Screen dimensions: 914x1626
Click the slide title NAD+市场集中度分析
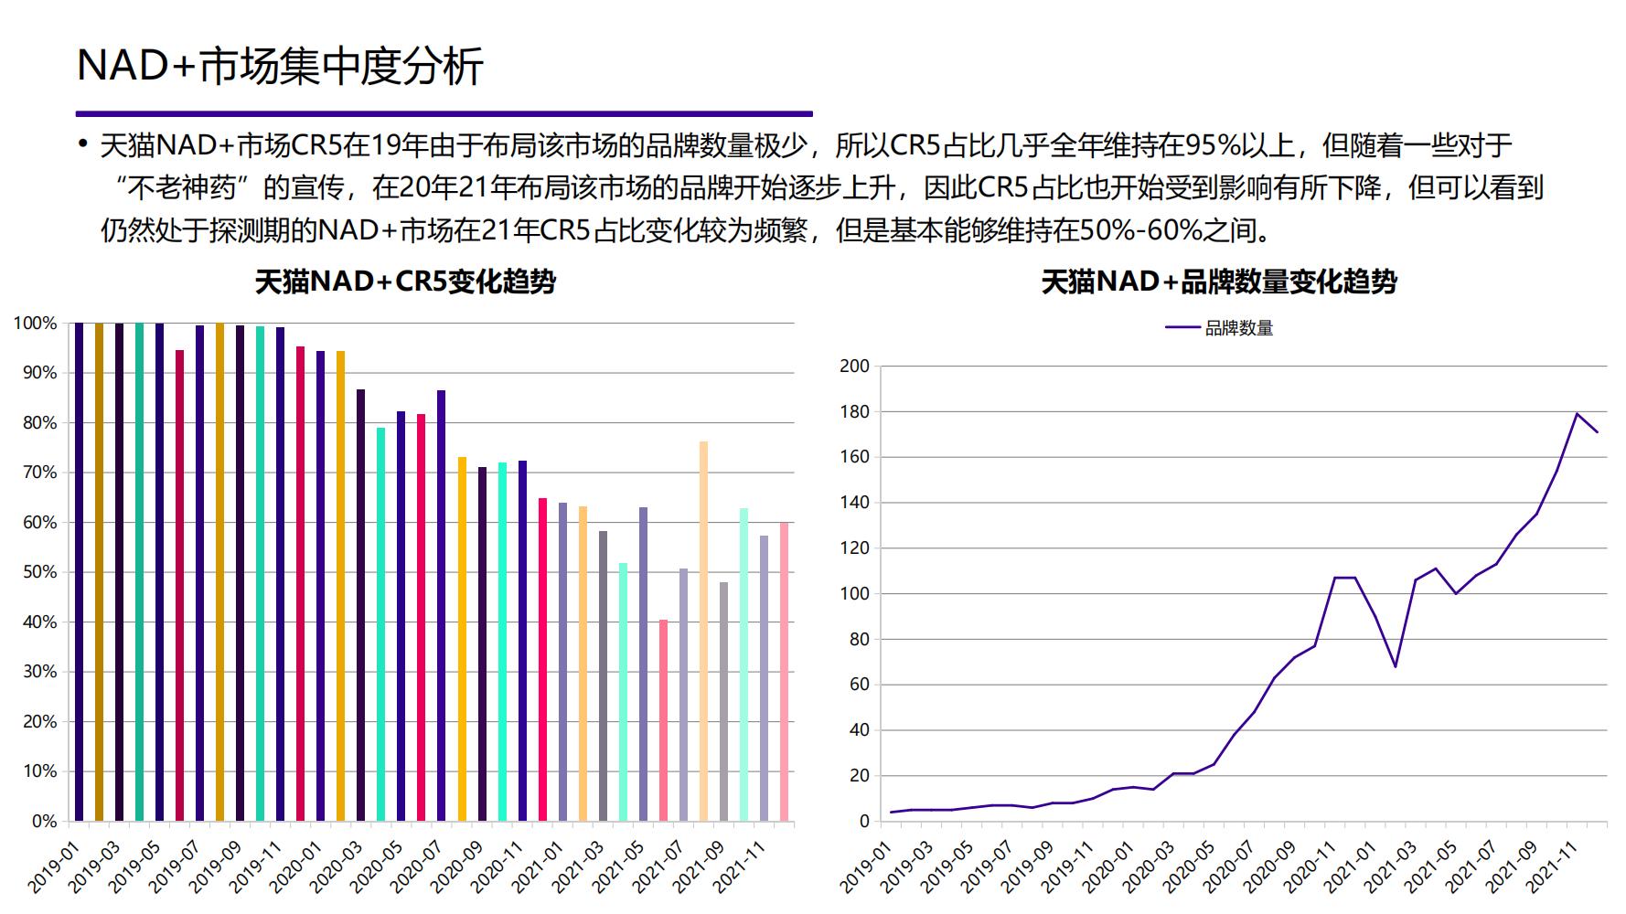pyautogui.click(x=280, y=67)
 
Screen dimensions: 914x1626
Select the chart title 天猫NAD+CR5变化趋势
pyautogui.click(x=405, y=282)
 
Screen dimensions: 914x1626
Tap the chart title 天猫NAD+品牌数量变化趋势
pyautogui.click(x=1219, y=282)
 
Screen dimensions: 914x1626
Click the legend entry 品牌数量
pyautogui.click(x=1238, y=328)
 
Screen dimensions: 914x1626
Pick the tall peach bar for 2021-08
pyautogui.click(x=703, y=631)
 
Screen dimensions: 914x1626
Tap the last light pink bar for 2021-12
pyautogui.click(x=784, y=672)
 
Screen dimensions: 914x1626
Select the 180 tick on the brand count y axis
pyautogui.click(x=854, y=412)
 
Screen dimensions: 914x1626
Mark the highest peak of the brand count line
pyautogui.click(x=1577, y=414)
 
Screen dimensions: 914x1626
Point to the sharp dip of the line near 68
pyautogui.click(x=1395, y=666)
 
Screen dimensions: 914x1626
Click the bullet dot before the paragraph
pyautogui.click(x=82, y=144)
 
